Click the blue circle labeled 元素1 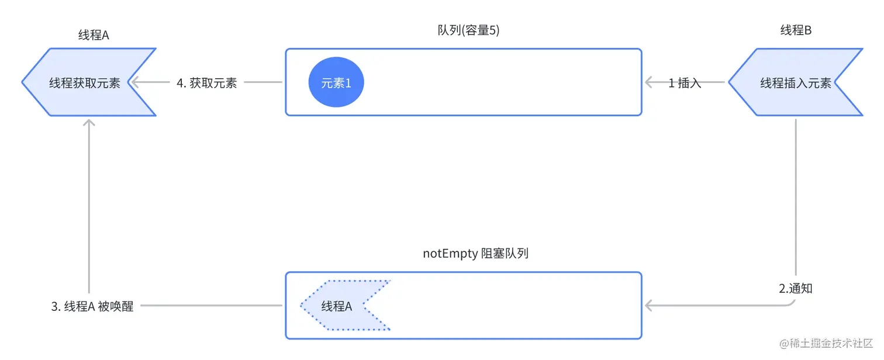(336, 82)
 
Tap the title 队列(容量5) (468, 30)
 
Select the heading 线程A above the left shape (94, 35)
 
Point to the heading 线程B (796, 30)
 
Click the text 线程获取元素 (84, 83)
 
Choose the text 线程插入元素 (796, 83)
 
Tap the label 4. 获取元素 (207, 83)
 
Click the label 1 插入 (685, 83)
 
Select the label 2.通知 (796, 288)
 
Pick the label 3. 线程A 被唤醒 (92, 306)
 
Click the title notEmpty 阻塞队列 (475, 253)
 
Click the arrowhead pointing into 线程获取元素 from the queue (135, 82)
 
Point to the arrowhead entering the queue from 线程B (649, 82)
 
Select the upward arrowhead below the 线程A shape (89, 123)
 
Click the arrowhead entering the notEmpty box (649, 305)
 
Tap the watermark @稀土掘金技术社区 (826, 343)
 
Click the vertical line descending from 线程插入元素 (796, 197)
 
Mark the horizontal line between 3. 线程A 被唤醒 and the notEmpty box (211, 305)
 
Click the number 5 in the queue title (492, 30)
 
